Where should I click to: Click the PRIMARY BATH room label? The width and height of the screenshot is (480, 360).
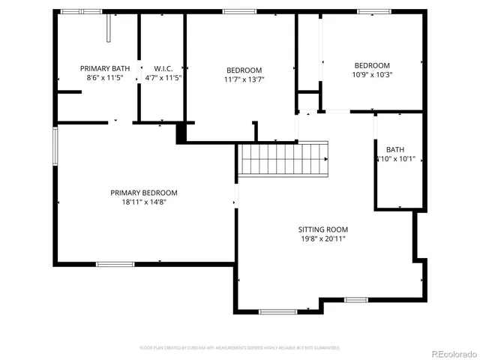click(x=105, y=68)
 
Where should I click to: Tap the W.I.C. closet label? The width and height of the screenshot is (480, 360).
click(x=163, y=68)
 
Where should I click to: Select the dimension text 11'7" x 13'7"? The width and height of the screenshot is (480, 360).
click(x=244, y=79)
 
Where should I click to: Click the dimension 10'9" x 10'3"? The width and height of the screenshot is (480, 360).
click(x=372, y=74)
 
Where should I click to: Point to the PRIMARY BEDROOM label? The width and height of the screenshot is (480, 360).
click(x=144, y=193)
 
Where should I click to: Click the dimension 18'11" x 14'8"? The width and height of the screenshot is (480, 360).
click(x=144, y=202)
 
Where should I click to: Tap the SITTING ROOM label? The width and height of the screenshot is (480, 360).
click(x=322, y=229)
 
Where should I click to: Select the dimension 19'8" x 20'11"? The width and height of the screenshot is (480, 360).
click(x=322, y=239)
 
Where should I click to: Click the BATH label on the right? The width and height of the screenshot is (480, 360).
click(x=394, y=149)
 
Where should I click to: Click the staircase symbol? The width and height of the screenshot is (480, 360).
click(x=283, y=159)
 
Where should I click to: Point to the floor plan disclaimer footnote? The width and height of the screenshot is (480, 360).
click(x=239, y=348)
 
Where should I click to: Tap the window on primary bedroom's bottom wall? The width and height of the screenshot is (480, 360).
click(x=115, y=264)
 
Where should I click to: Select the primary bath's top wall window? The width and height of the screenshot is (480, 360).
click(x=81, y=11)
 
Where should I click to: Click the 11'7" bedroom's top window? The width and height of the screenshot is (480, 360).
click(x=239, y=11)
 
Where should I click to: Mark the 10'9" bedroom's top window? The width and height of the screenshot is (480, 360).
click(x=369, y=11)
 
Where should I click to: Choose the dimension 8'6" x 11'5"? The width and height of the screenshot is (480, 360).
click(x=105, y=78)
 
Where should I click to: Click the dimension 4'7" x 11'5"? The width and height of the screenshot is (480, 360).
click(x=163, y=78)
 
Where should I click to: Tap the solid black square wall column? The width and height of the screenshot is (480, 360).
click(x=181, y=133)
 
